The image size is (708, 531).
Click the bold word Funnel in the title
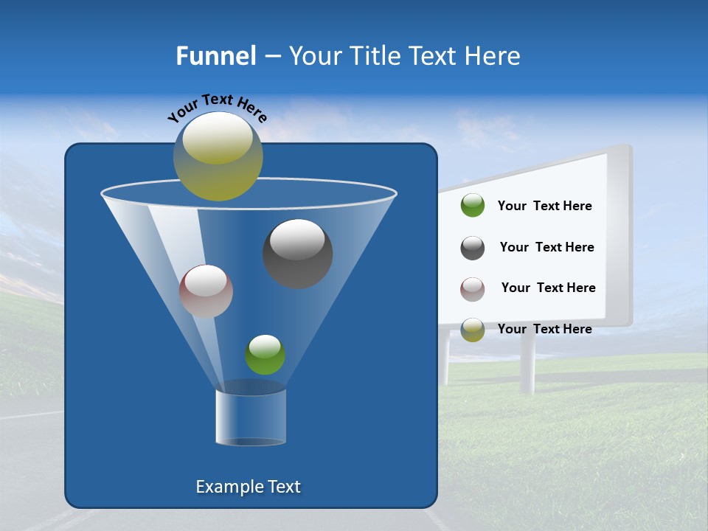[x=215, y=56]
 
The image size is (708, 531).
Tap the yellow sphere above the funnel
[x=218, y=156]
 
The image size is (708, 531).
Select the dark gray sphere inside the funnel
[x=298, y=254]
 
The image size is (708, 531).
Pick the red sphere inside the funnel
[x=206, y=291]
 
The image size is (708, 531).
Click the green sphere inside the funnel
[x=265, y=355]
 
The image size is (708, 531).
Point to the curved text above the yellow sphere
[x=217, y=108]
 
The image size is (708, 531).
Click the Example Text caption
[x=248, y=487]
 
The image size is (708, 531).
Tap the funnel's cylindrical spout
[x=251, y=417]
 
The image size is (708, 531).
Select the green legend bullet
[x=473, y=206]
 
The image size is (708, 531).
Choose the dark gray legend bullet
[x=473, y=248]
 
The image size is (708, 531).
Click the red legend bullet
[x=473, y=288]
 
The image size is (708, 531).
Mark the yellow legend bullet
[x=473, y=330]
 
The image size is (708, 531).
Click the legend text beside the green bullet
[x=544, y=206]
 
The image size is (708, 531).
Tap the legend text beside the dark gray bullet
[x=546, y=248]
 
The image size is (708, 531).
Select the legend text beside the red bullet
[x=548, y=288]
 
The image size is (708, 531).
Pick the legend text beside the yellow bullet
[x=544, y=329]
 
